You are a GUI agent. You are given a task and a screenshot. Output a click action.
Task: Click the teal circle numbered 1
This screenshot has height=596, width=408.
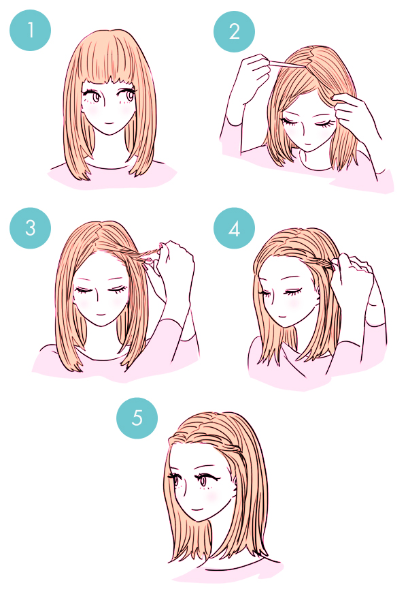point(31,31)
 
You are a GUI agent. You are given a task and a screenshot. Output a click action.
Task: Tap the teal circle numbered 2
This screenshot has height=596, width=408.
point(234,31)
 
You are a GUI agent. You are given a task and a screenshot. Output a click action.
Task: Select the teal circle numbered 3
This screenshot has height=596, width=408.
point(31,228)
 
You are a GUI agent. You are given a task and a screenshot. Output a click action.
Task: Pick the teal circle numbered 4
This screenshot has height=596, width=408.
point(234,228)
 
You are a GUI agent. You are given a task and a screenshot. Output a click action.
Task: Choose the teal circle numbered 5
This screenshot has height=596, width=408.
point(137,418)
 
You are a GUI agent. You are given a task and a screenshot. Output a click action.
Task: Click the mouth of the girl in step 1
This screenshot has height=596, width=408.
point(109,123)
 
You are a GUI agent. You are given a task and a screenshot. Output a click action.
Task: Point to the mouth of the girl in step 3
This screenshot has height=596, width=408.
point(100,314)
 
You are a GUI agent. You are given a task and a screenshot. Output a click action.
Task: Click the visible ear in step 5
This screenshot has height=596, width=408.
point(236,480)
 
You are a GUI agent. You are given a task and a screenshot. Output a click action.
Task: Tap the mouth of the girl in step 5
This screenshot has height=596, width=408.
point(198,509)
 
